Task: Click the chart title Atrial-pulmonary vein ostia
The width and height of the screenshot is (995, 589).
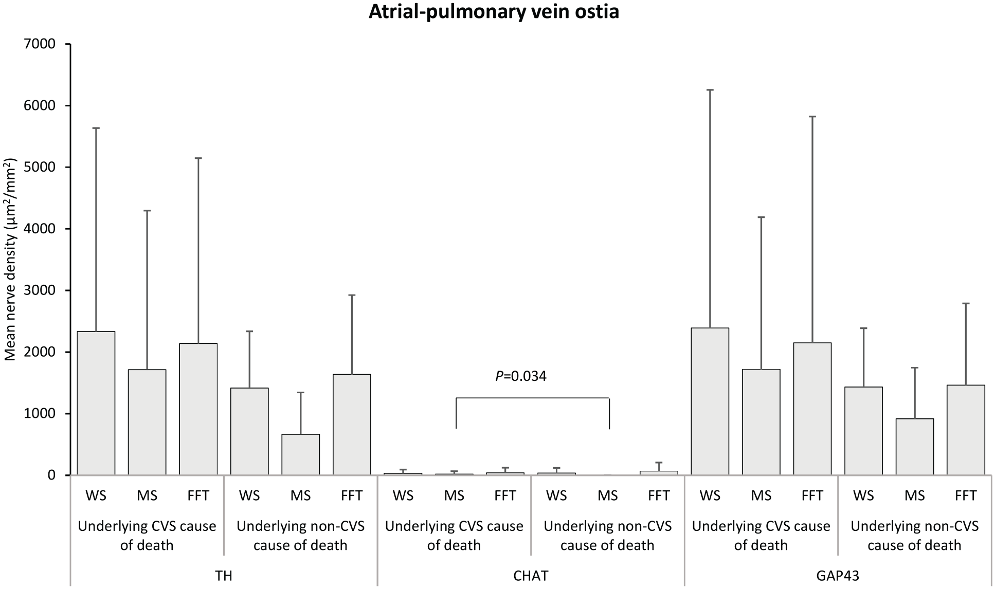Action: [494, 11]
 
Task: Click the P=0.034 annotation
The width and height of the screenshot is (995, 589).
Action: [521, 377]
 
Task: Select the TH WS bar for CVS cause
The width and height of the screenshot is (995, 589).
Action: [96, 403]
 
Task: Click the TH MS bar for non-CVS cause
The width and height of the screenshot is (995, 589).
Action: [301, 454]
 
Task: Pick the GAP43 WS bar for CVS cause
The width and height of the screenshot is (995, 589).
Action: [710, 401]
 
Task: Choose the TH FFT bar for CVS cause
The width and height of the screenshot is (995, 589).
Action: [198, 409]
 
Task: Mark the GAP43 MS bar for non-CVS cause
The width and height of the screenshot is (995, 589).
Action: [915, 447]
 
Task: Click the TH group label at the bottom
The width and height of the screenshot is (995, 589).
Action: [224, 576]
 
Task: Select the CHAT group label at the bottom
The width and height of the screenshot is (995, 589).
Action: [531, 576]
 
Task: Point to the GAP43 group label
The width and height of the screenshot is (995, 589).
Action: [838, 576]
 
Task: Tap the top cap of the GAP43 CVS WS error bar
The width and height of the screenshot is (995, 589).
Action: [710, 90]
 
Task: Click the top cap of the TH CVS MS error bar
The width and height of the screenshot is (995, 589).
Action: [147, 211]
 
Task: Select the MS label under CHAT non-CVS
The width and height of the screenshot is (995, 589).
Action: [608, 496]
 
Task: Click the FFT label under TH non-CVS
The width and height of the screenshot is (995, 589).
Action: [352, 496]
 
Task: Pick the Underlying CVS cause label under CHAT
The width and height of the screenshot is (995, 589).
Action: [454, 536]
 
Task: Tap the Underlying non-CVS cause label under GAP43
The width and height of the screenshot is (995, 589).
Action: [915, 536]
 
